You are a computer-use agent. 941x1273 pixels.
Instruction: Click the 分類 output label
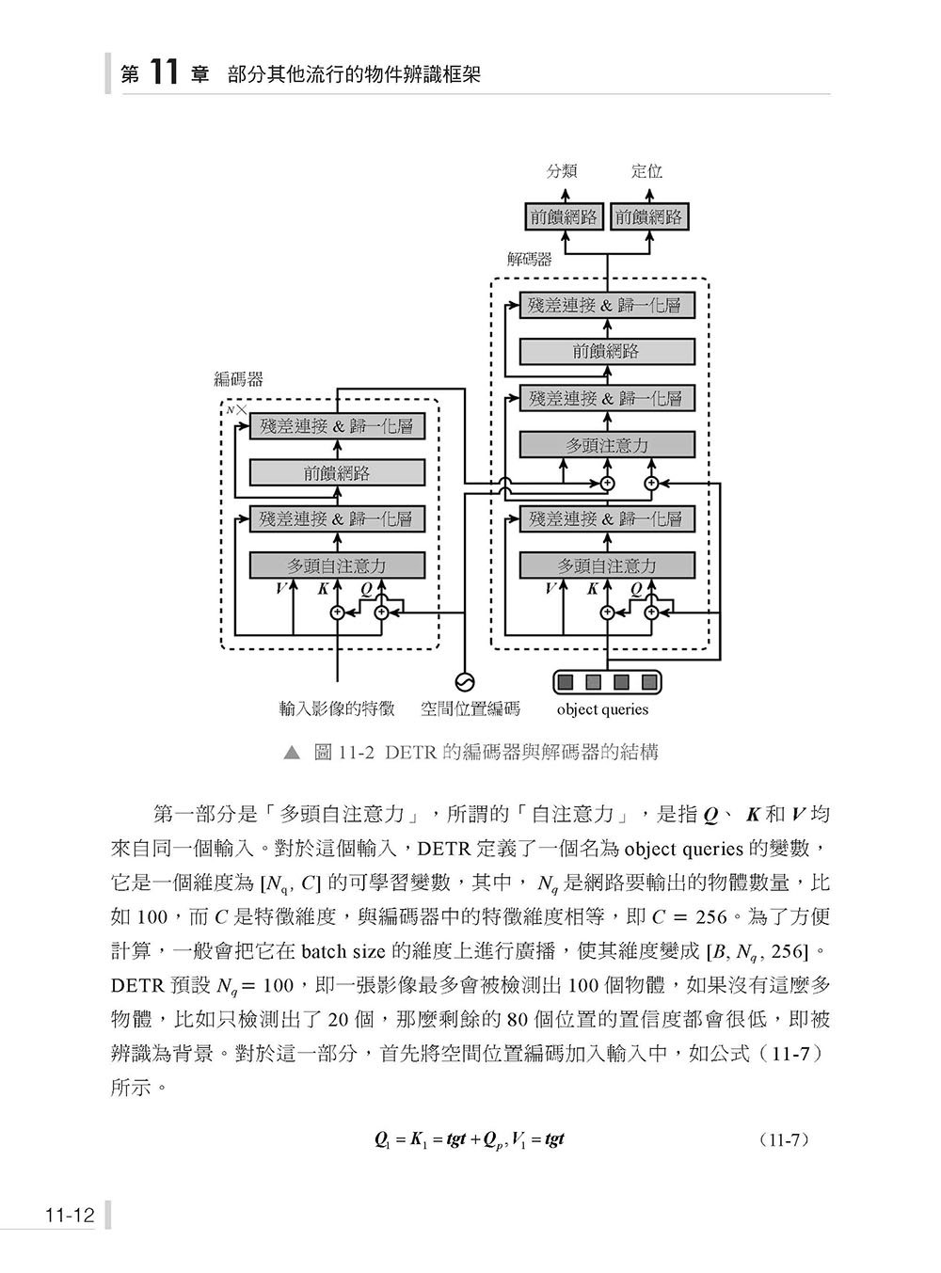point(562,171)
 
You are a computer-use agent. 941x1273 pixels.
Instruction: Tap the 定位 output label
point(646,171)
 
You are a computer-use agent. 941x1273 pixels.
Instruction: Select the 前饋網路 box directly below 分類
point(564,217)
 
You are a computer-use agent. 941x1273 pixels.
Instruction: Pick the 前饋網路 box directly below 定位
point(648,217)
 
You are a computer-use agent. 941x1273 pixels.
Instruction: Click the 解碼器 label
point(529,260)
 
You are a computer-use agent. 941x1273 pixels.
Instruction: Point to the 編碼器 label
point(238,379)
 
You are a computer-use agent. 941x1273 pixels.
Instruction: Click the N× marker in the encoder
point(236,410)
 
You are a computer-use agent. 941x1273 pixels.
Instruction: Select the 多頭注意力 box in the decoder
point(607,445)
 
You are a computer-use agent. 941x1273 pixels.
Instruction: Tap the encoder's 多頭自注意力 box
point(337,565)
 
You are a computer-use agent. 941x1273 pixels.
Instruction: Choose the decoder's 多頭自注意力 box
point(607,565)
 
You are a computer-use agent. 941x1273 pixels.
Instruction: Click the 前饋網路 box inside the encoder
point(337,473)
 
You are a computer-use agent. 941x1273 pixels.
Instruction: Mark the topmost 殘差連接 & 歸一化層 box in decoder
point(607,306)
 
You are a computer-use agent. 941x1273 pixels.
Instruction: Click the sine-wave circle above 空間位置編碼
point(465,682)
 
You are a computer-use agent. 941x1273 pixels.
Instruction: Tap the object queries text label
point(602,709)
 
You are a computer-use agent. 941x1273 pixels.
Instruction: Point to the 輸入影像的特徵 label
point(337,708)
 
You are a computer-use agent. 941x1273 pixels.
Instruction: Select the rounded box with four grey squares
point(607,682)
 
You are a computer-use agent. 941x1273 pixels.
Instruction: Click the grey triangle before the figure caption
point(293,753)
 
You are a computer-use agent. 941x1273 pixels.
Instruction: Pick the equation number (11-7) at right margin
point(783,1139)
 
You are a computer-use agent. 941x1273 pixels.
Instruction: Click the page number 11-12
point(70,1215)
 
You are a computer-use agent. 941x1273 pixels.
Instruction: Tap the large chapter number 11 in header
point(163,73)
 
